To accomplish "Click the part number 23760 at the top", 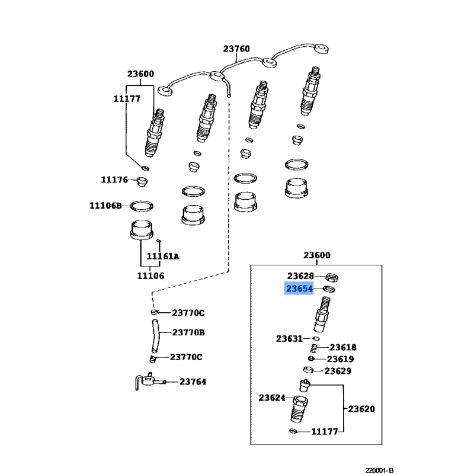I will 236,49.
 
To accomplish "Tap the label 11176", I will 114,180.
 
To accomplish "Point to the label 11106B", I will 105,206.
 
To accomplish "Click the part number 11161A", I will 162,256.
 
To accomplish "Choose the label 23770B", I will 188,333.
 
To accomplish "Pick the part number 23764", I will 193,382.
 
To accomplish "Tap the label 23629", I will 338,371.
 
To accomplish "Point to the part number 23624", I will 272,398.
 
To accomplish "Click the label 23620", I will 361,409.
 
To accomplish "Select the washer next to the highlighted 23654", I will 329,289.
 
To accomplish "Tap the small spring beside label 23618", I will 316,348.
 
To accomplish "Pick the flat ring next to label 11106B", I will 141,206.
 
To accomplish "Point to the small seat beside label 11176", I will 142,180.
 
